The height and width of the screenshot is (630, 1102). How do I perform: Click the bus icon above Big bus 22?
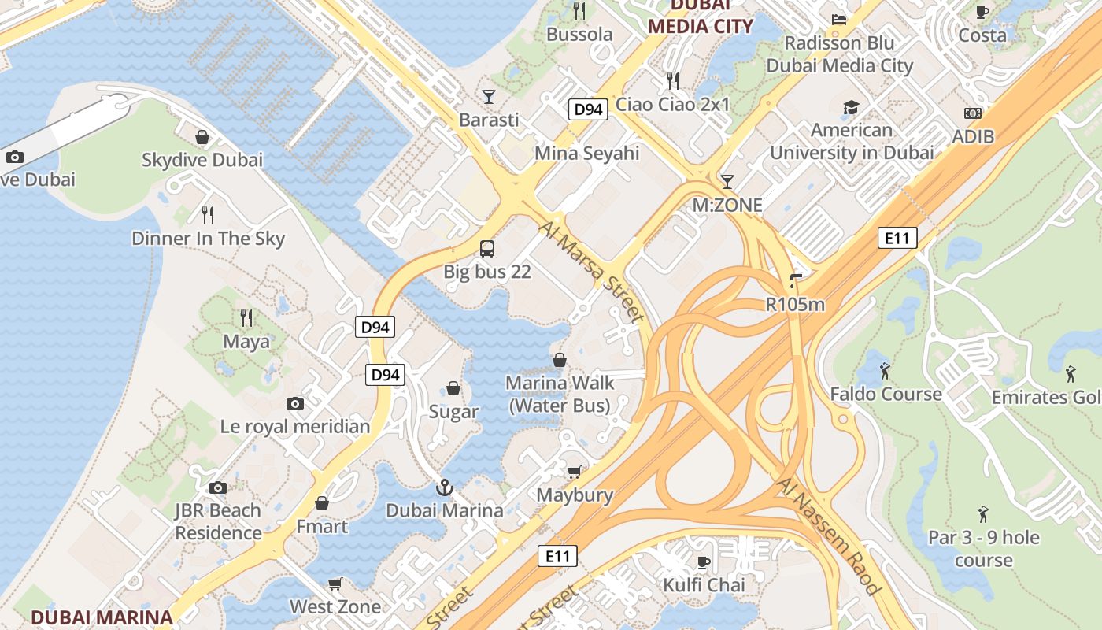(487, 249)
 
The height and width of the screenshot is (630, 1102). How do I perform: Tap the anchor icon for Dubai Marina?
(445, 487)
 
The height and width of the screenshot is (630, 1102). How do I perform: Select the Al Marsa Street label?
(592, 272)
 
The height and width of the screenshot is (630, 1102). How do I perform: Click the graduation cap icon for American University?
(851, 107)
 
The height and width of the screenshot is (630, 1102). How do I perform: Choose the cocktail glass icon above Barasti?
(489, 97)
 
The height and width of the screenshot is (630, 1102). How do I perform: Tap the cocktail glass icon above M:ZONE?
(727, 182)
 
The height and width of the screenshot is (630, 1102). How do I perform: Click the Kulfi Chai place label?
(704, 585)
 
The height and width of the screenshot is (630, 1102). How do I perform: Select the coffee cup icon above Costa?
(982, 12)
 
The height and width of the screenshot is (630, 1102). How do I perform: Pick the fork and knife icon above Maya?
(246, 317)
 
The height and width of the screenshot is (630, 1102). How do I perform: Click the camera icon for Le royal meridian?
(295, 403)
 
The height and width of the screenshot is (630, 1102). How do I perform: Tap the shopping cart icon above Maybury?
(575, 472)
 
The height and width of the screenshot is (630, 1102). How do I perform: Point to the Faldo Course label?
(886, 394)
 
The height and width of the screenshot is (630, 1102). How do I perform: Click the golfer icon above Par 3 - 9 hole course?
(983, 515)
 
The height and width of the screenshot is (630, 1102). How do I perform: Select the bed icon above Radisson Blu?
(839, 20)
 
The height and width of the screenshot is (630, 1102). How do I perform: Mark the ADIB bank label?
(973, 136)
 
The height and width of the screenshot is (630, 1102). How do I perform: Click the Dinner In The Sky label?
(208, 239)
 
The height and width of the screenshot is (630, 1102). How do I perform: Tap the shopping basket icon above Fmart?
(322, 502)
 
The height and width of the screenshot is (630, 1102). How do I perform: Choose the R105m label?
(795, 304)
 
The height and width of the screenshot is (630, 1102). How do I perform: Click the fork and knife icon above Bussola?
(579, 10)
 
